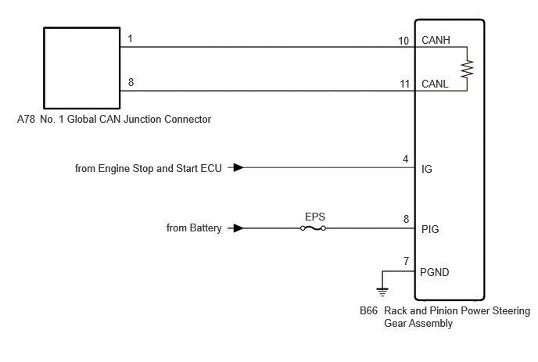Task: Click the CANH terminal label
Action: pos(436,40)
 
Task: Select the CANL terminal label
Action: pos(435,84)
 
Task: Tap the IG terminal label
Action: pos(427,169)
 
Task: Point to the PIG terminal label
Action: pos(430,229)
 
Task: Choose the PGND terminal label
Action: pos(434,272)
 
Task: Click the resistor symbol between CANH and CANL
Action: pos(467,69)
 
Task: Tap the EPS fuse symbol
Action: pos(313,228)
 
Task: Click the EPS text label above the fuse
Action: pos(315,217)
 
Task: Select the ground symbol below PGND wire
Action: pos(382,292)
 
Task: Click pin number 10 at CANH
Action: pos(403,41)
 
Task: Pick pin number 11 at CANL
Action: pos(404,84)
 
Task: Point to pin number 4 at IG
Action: pos(406,159)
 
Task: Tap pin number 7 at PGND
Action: pos(407,261)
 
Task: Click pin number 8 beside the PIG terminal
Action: pos(407,219)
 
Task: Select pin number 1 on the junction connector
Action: pos(130,38)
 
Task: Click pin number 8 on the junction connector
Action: pos(131,82)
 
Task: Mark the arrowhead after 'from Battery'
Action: pos(239,228)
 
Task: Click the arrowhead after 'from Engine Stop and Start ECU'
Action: pos(239,168)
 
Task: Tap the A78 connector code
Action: pos(26,119)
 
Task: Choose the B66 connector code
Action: pos(368,310)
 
